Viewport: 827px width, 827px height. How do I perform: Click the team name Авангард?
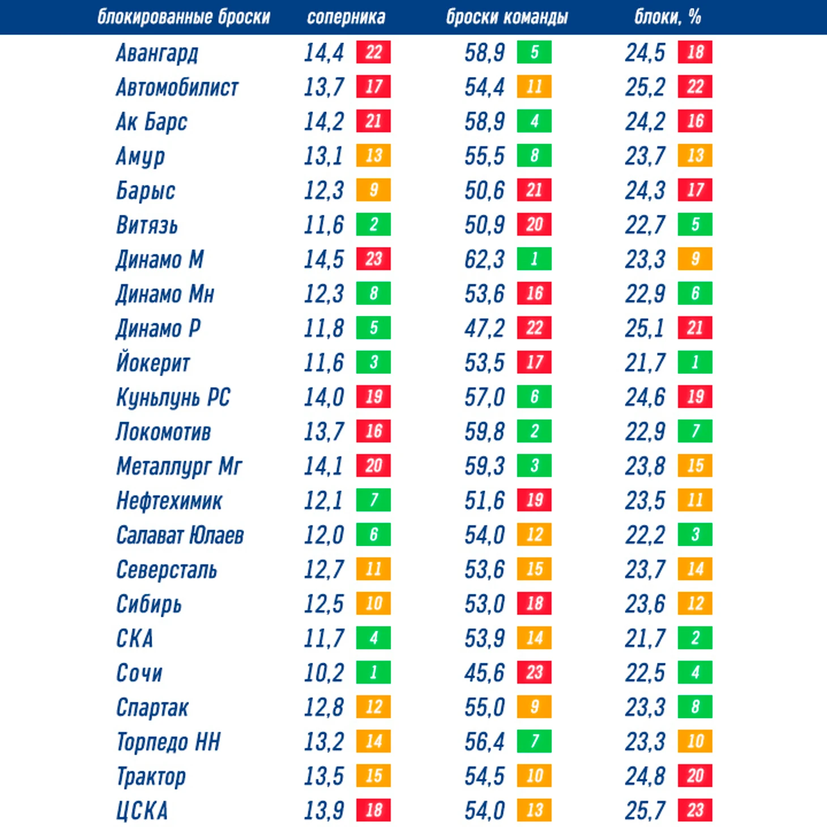(x=157, y=53)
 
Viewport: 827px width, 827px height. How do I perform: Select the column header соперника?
(x=346, y=18)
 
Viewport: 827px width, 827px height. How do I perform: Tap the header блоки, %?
(x=667, y=18)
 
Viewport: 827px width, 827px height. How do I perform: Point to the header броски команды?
(x=506, y=18)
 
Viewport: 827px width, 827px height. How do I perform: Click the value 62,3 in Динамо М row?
(x=484, y=259)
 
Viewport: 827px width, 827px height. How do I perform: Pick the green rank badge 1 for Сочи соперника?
(x=373, y=672)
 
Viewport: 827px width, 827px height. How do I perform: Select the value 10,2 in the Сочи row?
(x=323, y=673)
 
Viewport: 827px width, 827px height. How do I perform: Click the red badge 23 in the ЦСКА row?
(x=695, y=810)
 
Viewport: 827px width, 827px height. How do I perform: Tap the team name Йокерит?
(x=153, y=363)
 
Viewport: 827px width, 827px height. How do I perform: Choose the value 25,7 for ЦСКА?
(x=645, y=811)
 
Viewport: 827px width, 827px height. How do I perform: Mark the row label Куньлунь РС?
(x=173, y=398)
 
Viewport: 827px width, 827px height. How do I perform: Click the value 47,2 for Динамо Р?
(x=484, y=329)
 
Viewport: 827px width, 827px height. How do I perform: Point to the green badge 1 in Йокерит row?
(x=695, y=362)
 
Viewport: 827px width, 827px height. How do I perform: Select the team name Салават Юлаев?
(x=180, y=535)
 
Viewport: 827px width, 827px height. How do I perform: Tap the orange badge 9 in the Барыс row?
(x=373, y=190)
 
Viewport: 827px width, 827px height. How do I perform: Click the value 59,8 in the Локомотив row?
(x=484, y=432)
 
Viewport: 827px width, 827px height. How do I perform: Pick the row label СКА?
(x=134, y=638)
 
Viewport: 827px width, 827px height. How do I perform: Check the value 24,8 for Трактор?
(x=645, y=776)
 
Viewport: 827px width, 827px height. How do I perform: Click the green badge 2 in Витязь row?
(x=373, y=224)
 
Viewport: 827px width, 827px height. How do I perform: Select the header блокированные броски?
(x=184, y=18)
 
